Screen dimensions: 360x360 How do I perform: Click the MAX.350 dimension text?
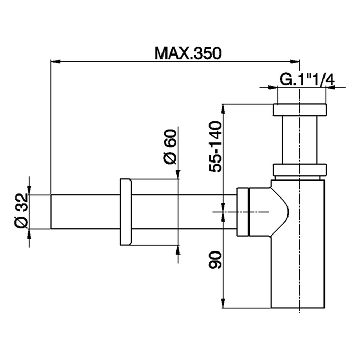(x=187, y=53)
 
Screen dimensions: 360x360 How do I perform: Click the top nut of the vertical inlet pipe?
(x=299, y=110)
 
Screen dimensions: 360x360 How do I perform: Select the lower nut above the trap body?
(x=299, y=170)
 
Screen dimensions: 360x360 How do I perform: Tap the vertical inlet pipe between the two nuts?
(x=299, y=140)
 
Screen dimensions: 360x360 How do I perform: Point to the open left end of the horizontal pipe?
(x=51, y=211)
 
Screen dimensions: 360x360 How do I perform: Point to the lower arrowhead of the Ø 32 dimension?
(x=29, y=232)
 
